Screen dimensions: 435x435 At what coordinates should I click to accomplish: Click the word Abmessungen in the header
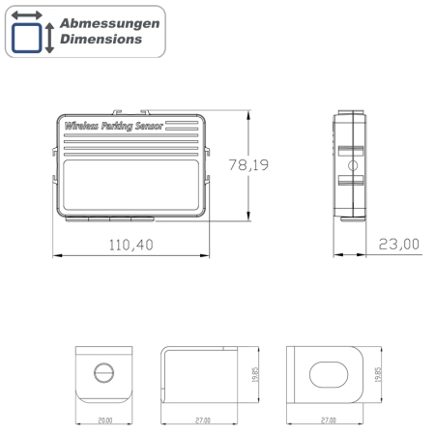[106, 22]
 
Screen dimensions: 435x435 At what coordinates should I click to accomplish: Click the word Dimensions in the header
[100, 40]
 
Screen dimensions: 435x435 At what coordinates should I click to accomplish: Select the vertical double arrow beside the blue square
[49, 38]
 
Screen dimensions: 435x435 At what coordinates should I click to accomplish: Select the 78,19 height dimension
[248, 165]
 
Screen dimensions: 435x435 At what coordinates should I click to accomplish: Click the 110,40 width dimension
[130, 246]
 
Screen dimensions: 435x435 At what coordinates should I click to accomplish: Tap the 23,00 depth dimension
[398, 246]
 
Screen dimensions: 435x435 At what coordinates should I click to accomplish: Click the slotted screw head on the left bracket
[104, 371]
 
